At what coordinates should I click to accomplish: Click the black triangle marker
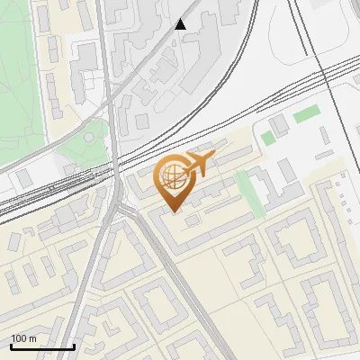181,24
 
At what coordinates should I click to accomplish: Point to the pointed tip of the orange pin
174,212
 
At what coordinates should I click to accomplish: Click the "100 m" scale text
24,339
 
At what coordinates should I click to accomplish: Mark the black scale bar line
42,347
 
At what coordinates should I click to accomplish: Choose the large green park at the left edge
20,81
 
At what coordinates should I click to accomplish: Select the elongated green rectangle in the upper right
307,114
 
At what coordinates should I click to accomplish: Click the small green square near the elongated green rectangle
267,138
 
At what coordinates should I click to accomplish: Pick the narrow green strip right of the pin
249,194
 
